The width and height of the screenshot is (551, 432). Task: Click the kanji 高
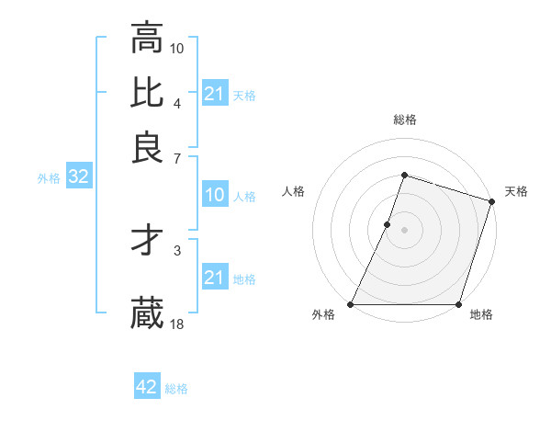click(147, 39)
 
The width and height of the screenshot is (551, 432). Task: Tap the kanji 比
click(147, 93)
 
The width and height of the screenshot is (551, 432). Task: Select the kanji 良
click(147, 147)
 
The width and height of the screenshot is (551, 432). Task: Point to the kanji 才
click(147, 242)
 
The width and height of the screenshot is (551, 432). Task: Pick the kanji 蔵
click(147, 313)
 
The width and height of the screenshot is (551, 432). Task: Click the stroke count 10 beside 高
click(177, 47)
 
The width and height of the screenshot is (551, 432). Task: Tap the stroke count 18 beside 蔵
click(177, 323)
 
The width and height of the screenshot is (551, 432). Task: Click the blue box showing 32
click(78, 177)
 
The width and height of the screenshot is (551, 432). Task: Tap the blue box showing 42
click(147, 387)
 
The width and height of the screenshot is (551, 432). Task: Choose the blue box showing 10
click(214, 195)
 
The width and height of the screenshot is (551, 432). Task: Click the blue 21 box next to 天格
click(214, 94)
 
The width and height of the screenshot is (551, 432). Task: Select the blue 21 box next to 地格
click(214, 278)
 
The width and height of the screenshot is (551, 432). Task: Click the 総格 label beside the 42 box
click(176, 389)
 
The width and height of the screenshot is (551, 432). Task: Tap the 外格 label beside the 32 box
click(49, 178)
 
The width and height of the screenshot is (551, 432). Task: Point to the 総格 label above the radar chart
click(404, 119)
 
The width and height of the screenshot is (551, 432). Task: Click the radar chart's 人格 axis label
click(294, 191)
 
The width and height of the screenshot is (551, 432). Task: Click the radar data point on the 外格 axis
click(351, 304)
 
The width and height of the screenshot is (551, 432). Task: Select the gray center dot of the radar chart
click(404, 229)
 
